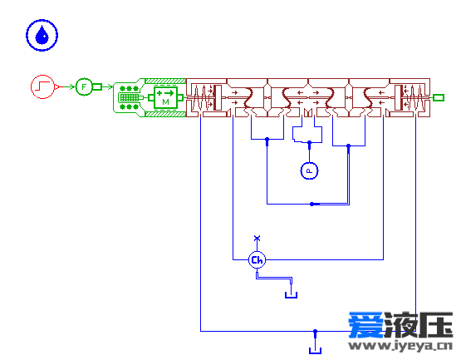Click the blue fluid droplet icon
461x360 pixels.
coord(42,35)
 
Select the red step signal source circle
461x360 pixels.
coord(43,86)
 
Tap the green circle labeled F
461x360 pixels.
coord(84,86)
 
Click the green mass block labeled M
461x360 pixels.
coord(165,97)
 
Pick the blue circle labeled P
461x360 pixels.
coord(309,170)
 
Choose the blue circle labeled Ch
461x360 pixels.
coord(257,260)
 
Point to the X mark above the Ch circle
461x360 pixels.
coord(257,238)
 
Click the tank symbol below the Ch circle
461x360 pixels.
coord(291,295)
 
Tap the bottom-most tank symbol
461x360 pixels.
coord(315,350)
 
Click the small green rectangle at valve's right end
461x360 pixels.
coord(439,97)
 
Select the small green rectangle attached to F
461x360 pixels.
coord(97,86)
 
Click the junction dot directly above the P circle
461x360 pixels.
coord(309,143)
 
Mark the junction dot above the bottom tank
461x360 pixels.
coord(315,332)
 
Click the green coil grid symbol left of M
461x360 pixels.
coord(129,97)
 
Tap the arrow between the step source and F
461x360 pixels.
coord(69,86)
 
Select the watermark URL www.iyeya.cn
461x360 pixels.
coord(400,345)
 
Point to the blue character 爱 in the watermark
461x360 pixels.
coord(366,324)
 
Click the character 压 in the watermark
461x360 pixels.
coord(435,324)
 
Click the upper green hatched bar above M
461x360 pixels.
coord(166,81)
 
